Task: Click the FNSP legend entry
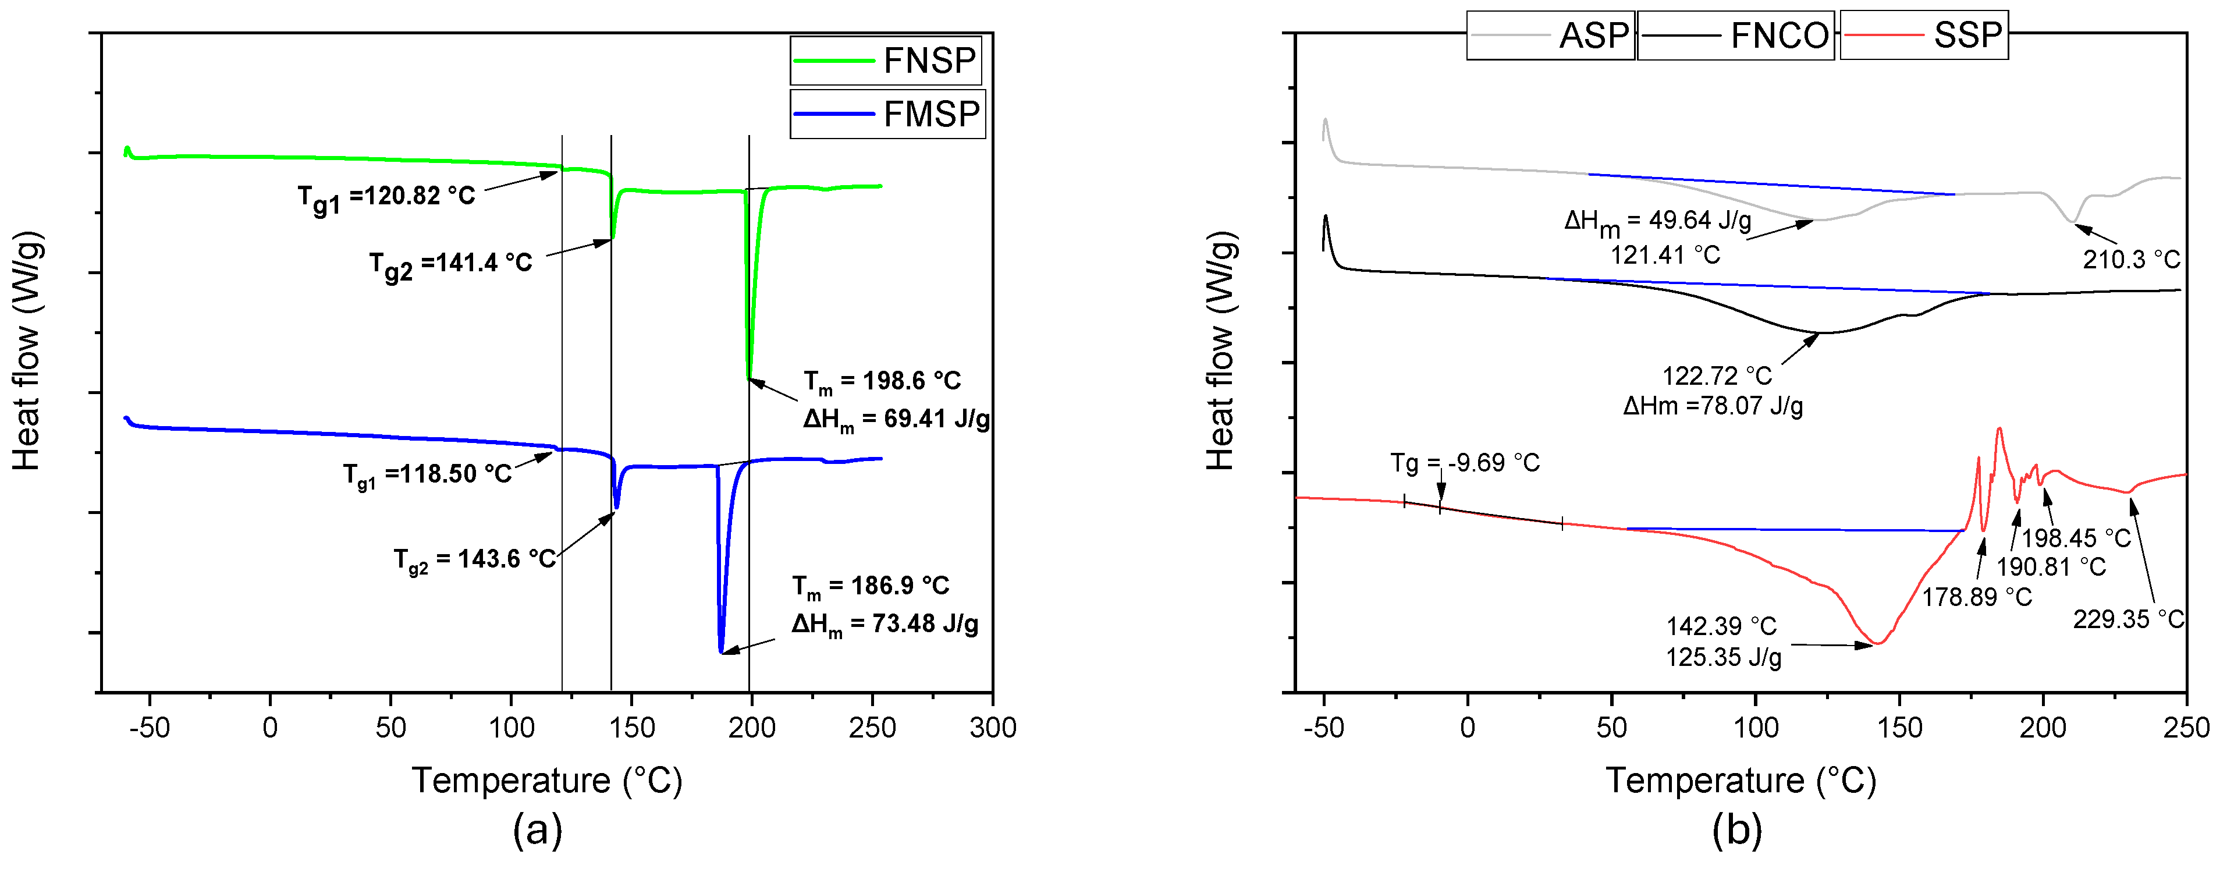886,61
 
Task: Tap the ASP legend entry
1550,36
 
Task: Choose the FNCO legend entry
1736,36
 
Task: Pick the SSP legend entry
1924,36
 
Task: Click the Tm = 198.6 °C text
882,381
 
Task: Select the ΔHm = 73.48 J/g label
885,625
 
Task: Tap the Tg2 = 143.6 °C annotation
475,561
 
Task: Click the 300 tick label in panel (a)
993,728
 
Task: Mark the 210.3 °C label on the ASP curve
2131,258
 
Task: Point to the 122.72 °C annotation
1717,376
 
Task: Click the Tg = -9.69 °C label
1465,463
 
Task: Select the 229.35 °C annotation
2129,619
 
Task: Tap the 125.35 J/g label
1724,657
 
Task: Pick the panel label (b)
1737,831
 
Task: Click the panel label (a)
538,831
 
